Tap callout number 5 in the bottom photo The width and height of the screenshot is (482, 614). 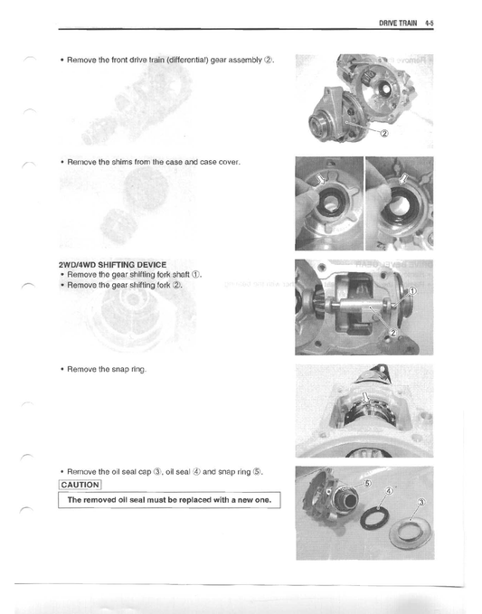point(367,485)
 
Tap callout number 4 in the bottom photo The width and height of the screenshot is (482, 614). point(389,491)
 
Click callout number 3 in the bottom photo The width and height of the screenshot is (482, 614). point(420,502)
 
